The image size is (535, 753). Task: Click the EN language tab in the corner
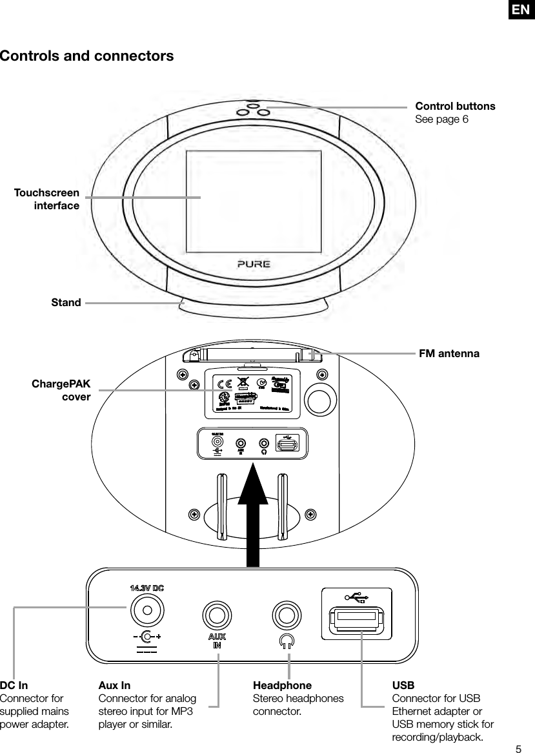point(521,10)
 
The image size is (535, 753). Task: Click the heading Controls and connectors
point(87,56)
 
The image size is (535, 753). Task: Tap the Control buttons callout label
point(455,106)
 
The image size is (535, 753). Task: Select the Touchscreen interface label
point(47,200)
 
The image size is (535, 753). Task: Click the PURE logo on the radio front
point(253,264)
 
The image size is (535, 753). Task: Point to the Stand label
point(66,302)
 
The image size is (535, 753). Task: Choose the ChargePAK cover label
point(62,391)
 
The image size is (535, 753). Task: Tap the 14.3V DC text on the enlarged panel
point(147,588)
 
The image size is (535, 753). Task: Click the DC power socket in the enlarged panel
point(146,608)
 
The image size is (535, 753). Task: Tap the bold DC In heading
point(14,685)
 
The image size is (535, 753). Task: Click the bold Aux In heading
point(114,685)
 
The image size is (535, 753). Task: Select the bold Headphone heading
point(282,685)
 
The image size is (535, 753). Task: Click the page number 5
point(518,748)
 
